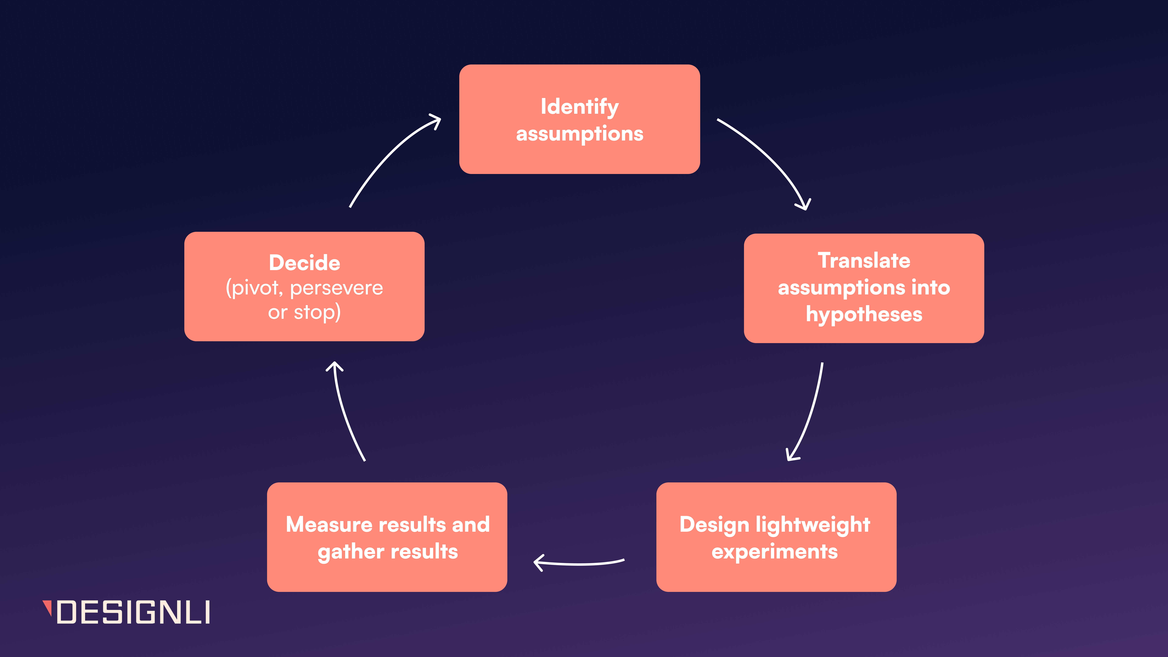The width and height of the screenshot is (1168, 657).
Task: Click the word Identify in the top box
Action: (x=579, y=107)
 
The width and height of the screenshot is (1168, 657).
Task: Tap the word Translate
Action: (x=864, y=261)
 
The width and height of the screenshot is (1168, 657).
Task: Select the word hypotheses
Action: (x=864, y=314)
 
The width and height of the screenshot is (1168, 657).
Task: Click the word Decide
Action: (x=304, y=263)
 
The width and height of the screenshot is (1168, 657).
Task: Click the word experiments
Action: (x=774, y=551)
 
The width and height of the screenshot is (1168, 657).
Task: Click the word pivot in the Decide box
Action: (x=254, y=288)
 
